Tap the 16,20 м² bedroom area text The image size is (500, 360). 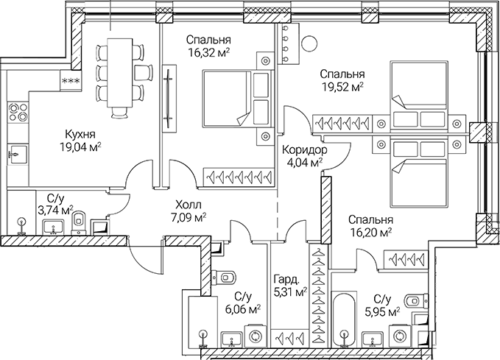[370, 233]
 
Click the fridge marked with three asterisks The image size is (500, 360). [71, 81]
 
